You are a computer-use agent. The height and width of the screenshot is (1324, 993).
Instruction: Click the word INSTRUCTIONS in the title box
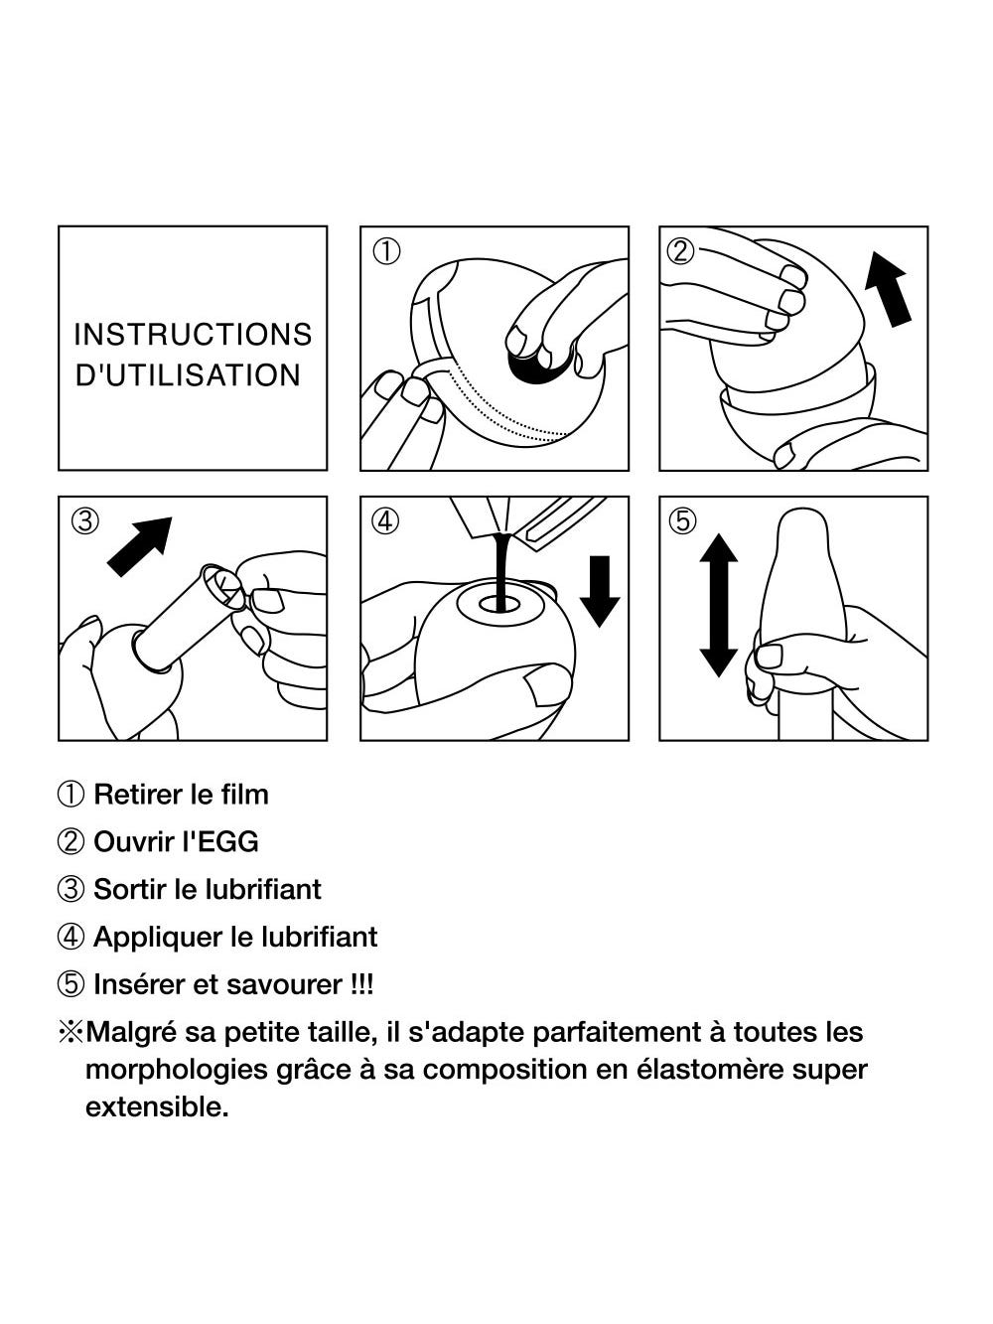193,334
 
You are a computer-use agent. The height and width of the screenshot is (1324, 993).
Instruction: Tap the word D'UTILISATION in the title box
188,374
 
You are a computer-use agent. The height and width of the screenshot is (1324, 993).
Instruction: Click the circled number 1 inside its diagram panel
386,251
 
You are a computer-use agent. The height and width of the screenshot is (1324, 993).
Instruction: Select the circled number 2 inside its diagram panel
681,251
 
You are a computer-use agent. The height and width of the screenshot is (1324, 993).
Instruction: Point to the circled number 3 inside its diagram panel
85,520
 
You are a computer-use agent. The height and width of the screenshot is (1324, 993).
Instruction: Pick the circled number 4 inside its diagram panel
386,520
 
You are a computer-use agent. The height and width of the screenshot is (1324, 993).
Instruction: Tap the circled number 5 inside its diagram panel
682,520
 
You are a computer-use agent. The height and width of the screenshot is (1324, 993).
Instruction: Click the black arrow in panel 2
888,289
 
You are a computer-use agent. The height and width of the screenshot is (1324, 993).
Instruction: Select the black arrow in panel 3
140,546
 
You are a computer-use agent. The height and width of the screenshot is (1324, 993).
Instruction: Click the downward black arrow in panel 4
600,591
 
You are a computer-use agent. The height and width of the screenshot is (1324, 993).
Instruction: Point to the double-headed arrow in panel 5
719,605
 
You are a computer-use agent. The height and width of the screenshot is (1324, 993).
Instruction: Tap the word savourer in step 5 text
285,985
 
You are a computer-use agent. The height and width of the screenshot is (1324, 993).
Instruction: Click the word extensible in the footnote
157,1107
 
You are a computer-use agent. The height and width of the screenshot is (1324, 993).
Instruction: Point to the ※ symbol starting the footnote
71,1032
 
